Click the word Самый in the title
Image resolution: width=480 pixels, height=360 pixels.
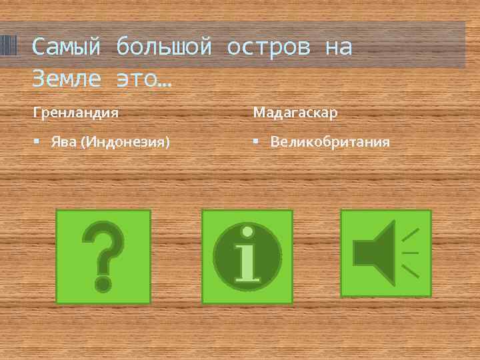66,47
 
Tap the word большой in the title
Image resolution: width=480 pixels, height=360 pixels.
163,47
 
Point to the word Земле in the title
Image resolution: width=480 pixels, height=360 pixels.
66,79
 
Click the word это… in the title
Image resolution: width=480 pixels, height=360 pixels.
143,79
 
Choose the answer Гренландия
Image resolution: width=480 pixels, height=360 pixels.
76,113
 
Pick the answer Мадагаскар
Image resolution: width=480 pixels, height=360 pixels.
295,113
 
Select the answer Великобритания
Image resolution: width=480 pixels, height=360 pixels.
331,143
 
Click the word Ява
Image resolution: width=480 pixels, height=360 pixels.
63,143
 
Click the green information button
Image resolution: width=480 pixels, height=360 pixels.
247,257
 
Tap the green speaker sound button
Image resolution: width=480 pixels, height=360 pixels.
386,253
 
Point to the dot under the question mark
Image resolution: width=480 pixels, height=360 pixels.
103,283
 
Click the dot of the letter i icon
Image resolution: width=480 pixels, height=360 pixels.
247,233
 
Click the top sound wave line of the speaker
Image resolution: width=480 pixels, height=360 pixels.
411,234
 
